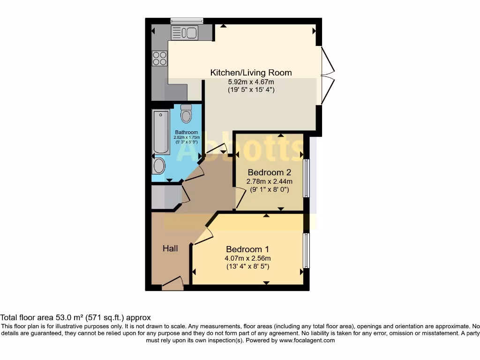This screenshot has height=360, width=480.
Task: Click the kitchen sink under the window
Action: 185,32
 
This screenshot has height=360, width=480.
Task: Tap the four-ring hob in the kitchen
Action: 159,58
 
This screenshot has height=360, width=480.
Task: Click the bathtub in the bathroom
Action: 161,132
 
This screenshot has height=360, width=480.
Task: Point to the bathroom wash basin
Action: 159,165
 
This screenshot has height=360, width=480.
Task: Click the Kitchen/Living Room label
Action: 251,73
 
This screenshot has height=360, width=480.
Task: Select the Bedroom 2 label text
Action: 270,172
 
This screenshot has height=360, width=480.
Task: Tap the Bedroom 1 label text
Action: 247,249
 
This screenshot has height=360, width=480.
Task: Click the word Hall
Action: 170,248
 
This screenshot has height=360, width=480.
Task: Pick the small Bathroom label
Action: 187,133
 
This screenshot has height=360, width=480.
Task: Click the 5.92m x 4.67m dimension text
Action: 251,82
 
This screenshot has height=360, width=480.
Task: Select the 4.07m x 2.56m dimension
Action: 247,258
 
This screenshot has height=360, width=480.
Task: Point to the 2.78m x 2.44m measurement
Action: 270,181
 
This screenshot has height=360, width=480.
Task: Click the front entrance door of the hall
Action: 172,284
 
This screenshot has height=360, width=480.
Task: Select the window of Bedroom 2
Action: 306,178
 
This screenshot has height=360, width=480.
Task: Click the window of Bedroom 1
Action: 306,251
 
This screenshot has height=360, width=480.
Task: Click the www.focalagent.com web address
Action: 307,340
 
